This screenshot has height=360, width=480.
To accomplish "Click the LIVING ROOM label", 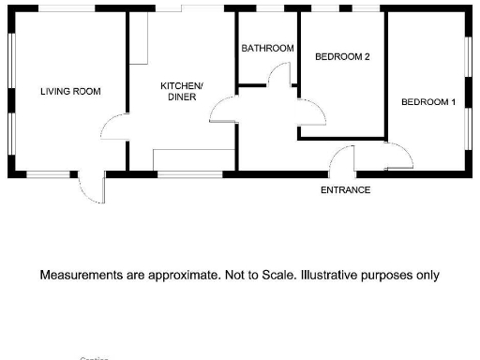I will (x=70, y=91).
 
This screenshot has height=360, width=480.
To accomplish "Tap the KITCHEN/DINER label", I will (x=182, y=91).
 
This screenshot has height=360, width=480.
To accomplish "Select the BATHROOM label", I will (x=267, y=48).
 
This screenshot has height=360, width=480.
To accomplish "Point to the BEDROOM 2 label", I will (x=342, y=56).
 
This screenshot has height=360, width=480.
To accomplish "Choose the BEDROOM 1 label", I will (x=428, y=101).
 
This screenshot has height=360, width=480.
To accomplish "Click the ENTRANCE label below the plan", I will (x=346, y=190).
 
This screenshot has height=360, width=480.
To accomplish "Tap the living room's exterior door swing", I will (x=92, y=188).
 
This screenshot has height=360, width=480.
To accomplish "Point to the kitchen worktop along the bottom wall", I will (x=194, y=159).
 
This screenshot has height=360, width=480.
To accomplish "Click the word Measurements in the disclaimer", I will (x=79, y=276).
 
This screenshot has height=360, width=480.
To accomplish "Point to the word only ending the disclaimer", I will (x=427, y=276).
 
